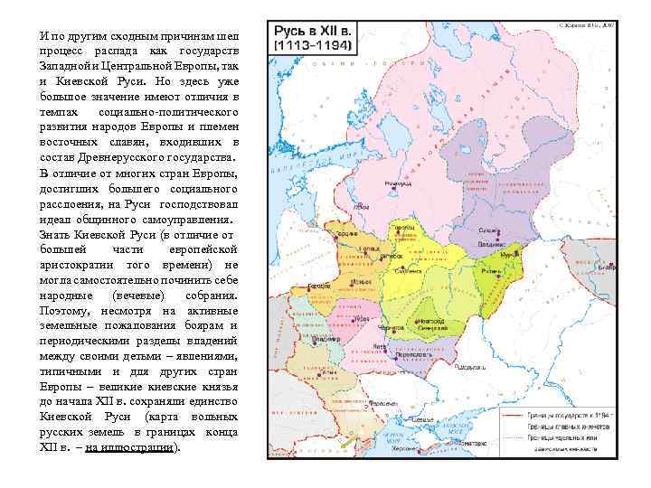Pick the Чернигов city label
[392, 329]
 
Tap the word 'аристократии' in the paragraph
[77, 264]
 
